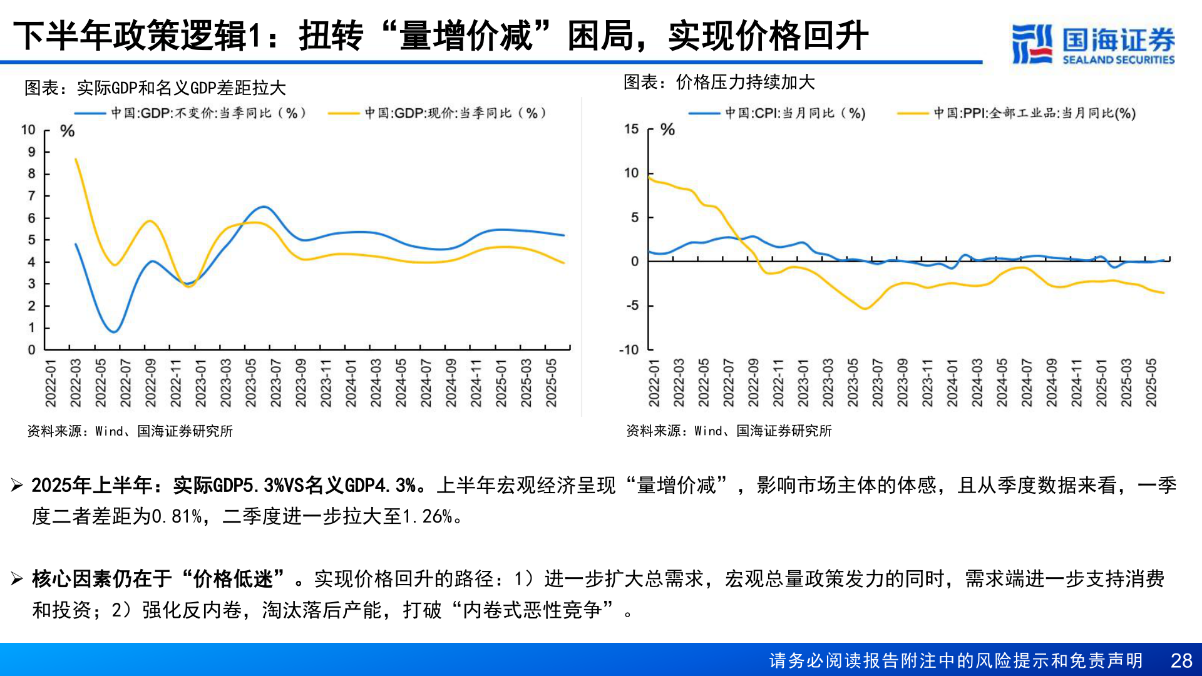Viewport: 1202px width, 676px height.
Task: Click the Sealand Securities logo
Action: pos(1092,44)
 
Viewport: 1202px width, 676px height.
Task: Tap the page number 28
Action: pos(1181,660)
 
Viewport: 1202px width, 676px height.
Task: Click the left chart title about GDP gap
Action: pos(155,88)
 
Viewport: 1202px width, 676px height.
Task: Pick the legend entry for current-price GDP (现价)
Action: pos(438,113)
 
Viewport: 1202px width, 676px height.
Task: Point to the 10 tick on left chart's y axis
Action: pos(28,130)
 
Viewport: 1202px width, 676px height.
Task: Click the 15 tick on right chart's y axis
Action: pos(631,129)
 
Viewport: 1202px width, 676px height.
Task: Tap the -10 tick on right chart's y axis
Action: pos(629,350)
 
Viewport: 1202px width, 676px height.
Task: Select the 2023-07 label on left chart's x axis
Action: pos(275,382)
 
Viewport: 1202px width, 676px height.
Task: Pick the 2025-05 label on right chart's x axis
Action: pos(1151,382)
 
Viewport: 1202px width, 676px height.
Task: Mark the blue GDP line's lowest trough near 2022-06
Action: pos(114,332)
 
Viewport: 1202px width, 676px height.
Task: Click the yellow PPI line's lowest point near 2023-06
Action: pos(865,309)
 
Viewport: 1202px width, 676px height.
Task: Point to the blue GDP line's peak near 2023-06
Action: pos(264,207)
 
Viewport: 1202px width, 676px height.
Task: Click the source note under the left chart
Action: pos(130,431)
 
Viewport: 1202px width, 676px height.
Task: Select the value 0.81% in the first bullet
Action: pos(177,516)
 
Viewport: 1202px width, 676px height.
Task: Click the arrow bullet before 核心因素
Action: pos(17,579)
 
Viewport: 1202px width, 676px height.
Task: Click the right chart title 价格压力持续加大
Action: pos(719,82)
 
